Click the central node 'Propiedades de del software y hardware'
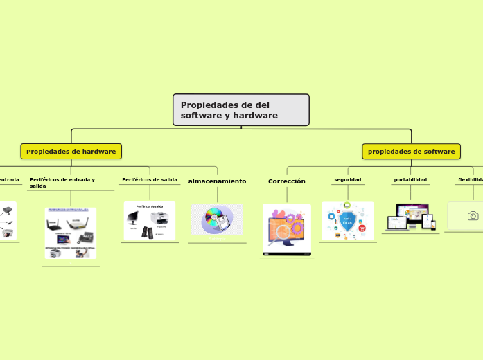(x=240, y=110)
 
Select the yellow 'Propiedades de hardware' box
(x=71, y=151)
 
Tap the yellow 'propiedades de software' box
(x=411, y=151)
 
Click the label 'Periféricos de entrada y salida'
(x=62, y=182)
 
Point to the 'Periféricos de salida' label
(x=150, y=179)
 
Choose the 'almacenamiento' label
(x=217, y=181)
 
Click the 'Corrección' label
(x=287, y=181)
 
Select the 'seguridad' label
(x=347, y=179)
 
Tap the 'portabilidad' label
(x=410, y=179)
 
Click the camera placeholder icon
(x=473, y=216)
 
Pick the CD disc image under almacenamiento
(x=217, y=219)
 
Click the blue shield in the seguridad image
(x=347, y=221)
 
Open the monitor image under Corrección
(x=287, y=229)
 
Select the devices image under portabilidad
(x=411, y=217)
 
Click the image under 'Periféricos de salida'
(x=150, y=222)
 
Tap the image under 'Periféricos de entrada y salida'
(x=71, y=233)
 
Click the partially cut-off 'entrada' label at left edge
(x=8, y=179)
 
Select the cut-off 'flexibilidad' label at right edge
(x=471, y=179)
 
